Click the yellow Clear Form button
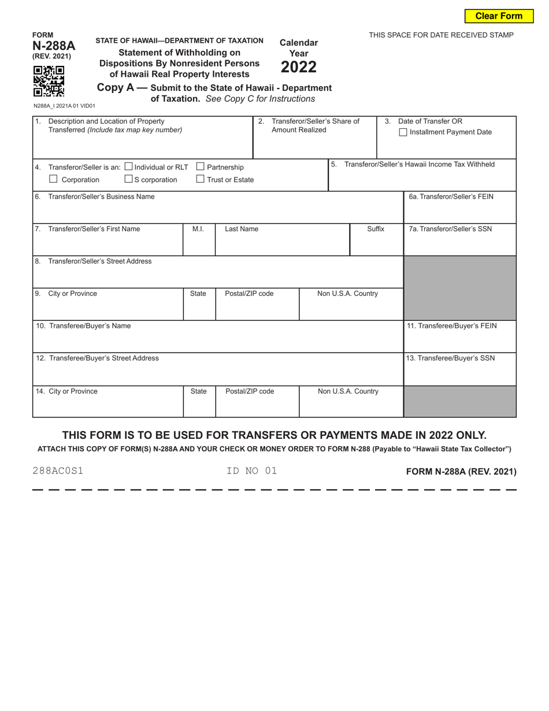[x=499, y=16]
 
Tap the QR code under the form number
[x=49, y=81]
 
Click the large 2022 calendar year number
[x=299, y=67]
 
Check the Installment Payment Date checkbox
[x=403, y=132]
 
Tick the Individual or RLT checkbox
[x=128, y=166]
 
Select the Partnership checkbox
[x=201, y=166]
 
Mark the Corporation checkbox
[x=53, y=179]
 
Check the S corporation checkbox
[x=128, y=179]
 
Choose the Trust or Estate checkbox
[x=201, y=179]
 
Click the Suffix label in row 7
[x=376, y=229]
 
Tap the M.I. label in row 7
[x=198, y=229]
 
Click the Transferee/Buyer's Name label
[x=84, y=326]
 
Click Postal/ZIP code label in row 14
[x=250, y=391]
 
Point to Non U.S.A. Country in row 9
[x=348, y=294]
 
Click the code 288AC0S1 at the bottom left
[x=58, y=471]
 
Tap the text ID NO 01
[x=252, y=471]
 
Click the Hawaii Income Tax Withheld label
[x=419, y=164]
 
